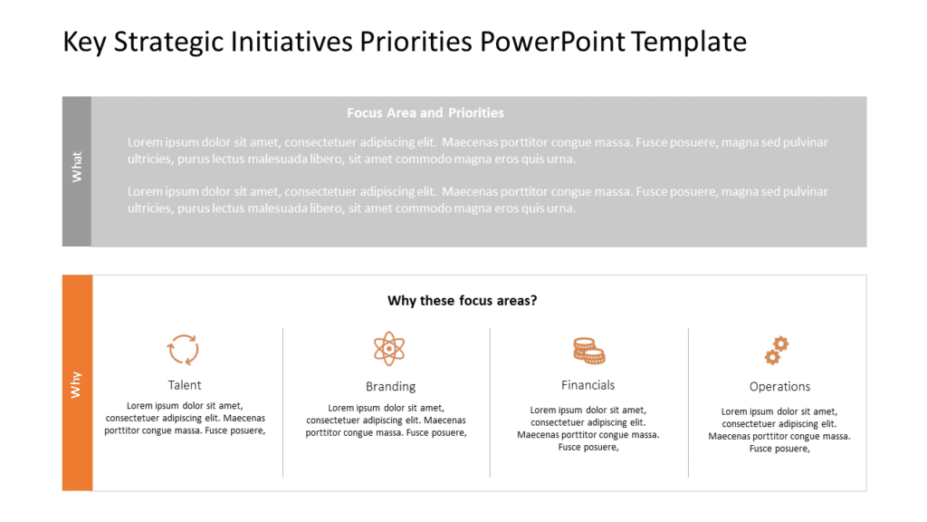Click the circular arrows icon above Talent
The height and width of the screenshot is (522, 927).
pos(184,349)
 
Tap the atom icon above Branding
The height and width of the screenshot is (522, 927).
pos(389,349)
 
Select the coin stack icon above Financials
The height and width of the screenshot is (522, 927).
pos(588,350)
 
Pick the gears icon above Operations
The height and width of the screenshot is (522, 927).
pos(777,350)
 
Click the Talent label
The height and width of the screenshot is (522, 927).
pos(185,385)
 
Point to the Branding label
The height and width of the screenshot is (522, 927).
pos(390,387)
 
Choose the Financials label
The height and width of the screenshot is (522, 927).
pos(588,385)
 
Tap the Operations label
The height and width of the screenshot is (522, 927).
pos(779,387)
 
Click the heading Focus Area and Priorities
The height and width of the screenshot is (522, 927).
pos(425,113)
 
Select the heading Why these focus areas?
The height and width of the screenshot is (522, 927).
pos(462,301)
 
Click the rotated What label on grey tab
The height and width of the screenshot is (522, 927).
pos(77,167)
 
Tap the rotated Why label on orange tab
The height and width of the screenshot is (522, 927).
pos(77,384)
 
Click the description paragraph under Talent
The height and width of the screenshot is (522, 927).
pos(185,419)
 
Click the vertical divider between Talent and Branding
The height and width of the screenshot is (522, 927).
pos(283,402)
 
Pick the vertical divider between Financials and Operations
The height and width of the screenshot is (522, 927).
pos(689,402)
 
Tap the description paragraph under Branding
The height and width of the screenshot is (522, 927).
pos(386,420)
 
